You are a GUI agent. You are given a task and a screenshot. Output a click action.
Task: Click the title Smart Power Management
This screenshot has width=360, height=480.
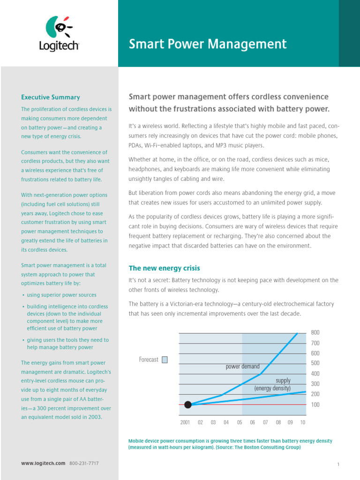tap(207, 44)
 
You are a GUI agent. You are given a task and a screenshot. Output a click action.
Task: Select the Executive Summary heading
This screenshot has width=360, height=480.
tap(51, 97)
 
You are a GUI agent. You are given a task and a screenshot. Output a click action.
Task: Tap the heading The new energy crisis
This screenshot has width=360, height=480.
tap(164, 268)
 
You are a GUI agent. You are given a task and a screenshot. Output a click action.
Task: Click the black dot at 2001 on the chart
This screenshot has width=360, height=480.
tap(188, 405)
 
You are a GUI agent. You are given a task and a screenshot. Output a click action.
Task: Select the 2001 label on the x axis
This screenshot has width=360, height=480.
tap(185, 422)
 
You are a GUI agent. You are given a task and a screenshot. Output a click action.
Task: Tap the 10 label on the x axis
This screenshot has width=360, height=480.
tap(302, 422)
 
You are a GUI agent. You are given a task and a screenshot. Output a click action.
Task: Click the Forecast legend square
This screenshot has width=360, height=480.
tap(165, 360)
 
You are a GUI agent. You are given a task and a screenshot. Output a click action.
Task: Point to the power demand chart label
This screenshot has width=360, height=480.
tap(242, 367)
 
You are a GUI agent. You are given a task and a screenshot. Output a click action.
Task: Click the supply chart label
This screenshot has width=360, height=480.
tap(283, 381)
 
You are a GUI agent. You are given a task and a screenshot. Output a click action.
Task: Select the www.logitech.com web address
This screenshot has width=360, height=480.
tap(43, 463)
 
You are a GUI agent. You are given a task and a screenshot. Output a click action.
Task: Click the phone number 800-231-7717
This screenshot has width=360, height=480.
tap(84, 463)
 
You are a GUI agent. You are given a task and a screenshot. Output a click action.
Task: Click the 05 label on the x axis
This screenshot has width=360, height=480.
tap(240, 422)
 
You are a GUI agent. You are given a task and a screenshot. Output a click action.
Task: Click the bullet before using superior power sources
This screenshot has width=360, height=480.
tap(23, 295)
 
